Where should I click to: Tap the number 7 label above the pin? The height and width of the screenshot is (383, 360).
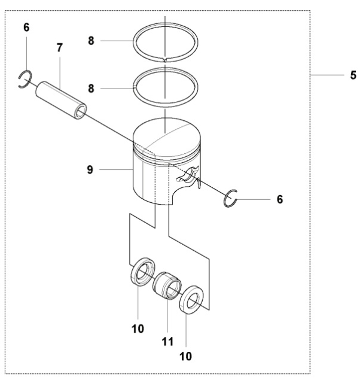[x=60, y=47]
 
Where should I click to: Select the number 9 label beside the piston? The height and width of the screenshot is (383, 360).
[x=90, y=170]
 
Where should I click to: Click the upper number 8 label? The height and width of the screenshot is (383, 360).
[x=91, y=41]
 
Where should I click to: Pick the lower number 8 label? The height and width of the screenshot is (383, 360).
[x=91, y=87]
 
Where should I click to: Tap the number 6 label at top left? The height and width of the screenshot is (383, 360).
[x=26, y=28]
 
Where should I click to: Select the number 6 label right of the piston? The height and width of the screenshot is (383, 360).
[x=279, y=199]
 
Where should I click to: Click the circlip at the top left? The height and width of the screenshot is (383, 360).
[x=25, y=79]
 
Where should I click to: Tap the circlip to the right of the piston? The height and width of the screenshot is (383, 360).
[x=231, y=199]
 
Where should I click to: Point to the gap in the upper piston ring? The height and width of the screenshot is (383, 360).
[x=164, y=59]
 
